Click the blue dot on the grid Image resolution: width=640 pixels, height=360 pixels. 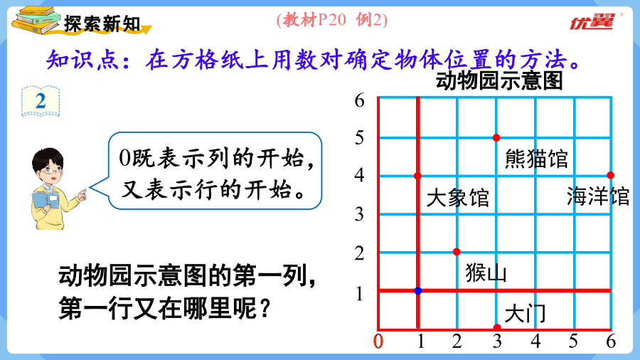pos(418,290)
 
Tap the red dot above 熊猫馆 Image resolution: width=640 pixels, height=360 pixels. pos(496,138)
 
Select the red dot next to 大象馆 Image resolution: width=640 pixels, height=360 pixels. pos(417,176)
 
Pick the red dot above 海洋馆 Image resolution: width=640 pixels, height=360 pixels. pos(611,175)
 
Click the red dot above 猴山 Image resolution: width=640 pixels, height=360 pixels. pos(457,252)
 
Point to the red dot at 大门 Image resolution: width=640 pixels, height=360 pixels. pos(497,327)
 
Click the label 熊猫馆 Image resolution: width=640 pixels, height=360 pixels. pos(536,159)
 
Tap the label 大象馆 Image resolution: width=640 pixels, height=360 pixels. pos(457,198)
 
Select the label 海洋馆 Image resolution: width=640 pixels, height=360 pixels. pos(598,196)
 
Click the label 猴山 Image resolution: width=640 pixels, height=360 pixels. pos(486,272)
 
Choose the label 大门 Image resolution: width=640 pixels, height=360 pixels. pos(525,314)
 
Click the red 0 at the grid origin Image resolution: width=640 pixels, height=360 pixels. pos(378,342)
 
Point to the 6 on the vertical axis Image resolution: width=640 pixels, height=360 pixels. pos(359,100)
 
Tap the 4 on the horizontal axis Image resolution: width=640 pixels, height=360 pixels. pos(535,342)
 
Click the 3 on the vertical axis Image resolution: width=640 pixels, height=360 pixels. pos(359,214)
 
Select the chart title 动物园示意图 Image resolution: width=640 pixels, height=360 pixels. pos(499,80)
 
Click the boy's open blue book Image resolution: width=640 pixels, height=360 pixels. pos(46,200)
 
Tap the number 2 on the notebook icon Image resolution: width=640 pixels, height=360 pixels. pos(41,101)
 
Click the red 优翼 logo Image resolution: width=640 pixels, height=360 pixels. pos(592,21)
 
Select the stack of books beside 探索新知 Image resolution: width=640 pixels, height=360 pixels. pos(36,20)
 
